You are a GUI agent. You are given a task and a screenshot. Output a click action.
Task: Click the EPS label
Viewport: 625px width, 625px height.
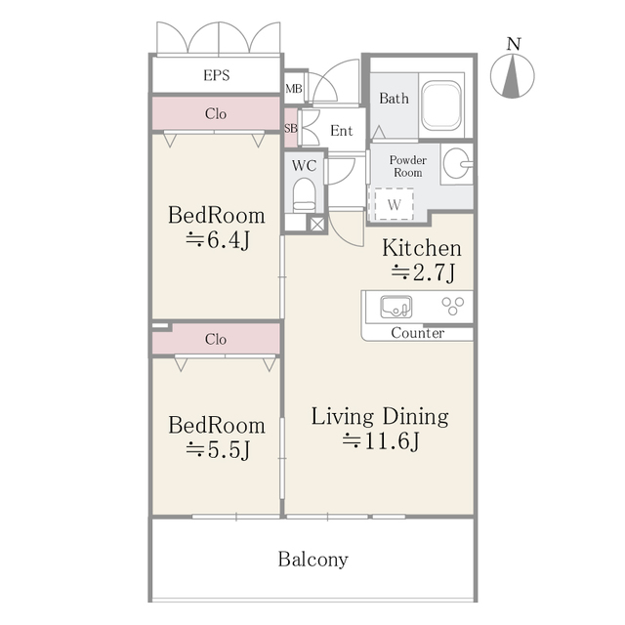[x=216, y=75]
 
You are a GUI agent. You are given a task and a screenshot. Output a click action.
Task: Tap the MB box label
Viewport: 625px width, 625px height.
[x=293, y=90]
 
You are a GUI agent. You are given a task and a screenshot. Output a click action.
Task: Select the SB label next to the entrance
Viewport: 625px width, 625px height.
[x=290, y=128]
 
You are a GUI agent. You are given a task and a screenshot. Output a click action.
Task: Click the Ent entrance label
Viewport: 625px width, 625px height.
[x=341, y=131]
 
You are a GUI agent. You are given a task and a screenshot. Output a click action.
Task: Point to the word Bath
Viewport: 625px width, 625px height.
[x=394, y=98]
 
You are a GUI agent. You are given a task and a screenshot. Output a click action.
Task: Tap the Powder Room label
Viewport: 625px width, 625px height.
[x=407, y=166]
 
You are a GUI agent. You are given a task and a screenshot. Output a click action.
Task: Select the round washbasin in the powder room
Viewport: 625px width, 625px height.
[x=455, y=164]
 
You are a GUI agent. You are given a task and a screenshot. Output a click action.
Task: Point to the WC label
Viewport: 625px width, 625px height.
[x=304, y=165]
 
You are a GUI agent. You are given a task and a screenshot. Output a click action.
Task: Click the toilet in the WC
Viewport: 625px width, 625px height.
[x=305, y=195]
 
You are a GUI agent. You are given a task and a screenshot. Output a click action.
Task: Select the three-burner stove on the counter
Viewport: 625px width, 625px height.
[x=453, y=307]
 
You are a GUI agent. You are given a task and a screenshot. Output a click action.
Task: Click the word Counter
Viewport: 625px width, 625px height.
[x=417, y=333]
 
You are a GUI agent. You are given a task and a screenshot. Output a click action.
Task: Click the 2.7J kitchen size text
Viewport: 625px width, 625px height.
[x=423, y=273]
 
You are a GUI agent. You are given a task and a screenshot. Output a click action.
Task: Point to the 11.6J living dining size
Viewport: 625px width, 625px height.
[x=381, y=442]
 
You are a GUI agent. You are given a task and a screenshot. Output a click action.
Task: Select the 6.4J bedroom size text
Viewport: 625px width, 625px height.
[x=217, y=241]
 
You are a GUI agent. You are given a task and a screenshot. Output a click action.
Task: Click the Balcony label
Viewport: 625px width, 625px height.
[x=312, y=560]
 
